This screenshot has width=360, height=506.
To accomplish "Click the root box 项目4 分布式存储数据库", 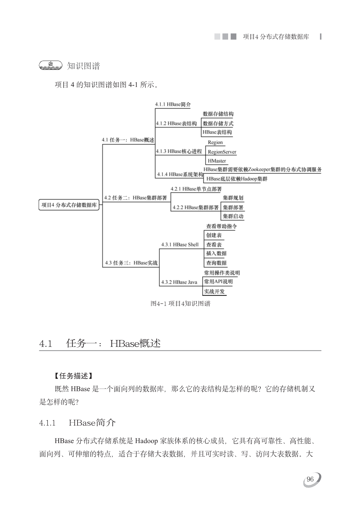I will [69, 205].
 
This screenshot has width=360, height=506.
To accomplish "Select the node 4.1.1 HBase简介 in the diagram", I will [173, 104].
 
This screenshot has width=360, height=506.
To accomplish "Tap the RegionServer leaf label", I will [222, 152].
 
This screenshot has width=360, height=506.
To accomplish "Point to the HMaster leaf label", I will [217, 161].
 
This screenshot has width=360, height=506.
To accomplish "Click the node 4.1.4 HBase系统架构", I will [180, 174].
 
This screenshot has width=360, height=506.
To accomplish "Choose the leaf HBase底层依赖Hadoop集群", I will [237, 179].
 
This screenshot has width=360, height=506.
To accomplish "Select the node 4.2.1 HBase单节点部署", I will [196, 189].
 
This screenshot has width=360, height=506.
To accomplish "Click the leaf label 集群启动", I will [233, 216].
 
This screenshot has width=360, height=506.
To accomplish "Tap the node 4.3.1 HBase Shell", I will [180, 244].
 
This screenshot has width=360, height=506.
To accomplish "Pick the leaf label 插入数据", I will [216, 253].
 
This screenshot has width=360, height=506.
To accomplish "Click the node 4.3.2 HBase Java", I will [179, 282].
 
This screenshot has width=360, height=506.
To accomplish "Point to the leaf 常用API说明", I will [218, 282].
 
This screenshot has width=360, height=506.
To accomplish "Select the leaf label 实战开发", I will [214, 292].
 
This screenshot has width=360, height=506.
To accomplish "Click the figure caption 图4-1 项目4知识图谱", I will [180, 304].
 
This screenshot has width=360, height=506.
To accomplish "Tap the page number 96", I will [310, 479].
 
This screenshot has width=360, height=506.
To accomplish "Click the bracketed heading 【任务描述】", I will [73, 376].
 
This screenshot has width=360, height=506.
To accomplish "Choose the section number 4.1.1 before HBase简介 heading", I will [47, 423].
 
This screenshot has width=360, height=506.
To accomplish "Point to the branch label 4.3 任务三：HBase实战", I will [131, 263].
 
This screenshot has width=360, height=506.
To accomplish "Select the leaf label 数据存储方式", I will [218, 124].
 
